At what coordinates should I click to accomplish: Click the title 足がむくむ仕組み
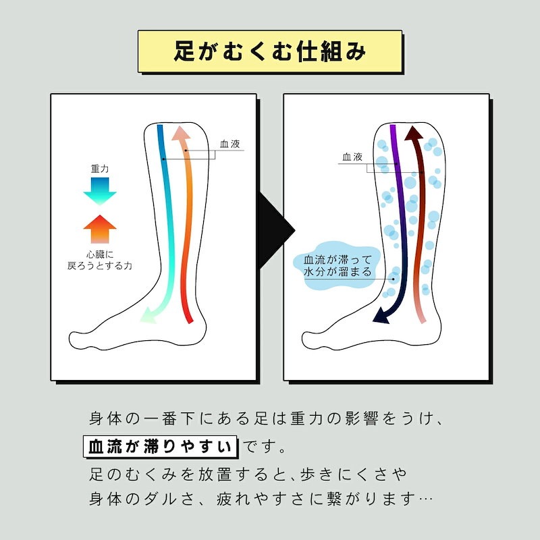(269, 51)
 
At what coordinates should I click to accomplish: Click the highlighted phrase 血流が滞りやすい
(161, 447)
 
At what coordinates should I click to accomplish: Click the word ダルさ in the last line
(178, 500)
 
